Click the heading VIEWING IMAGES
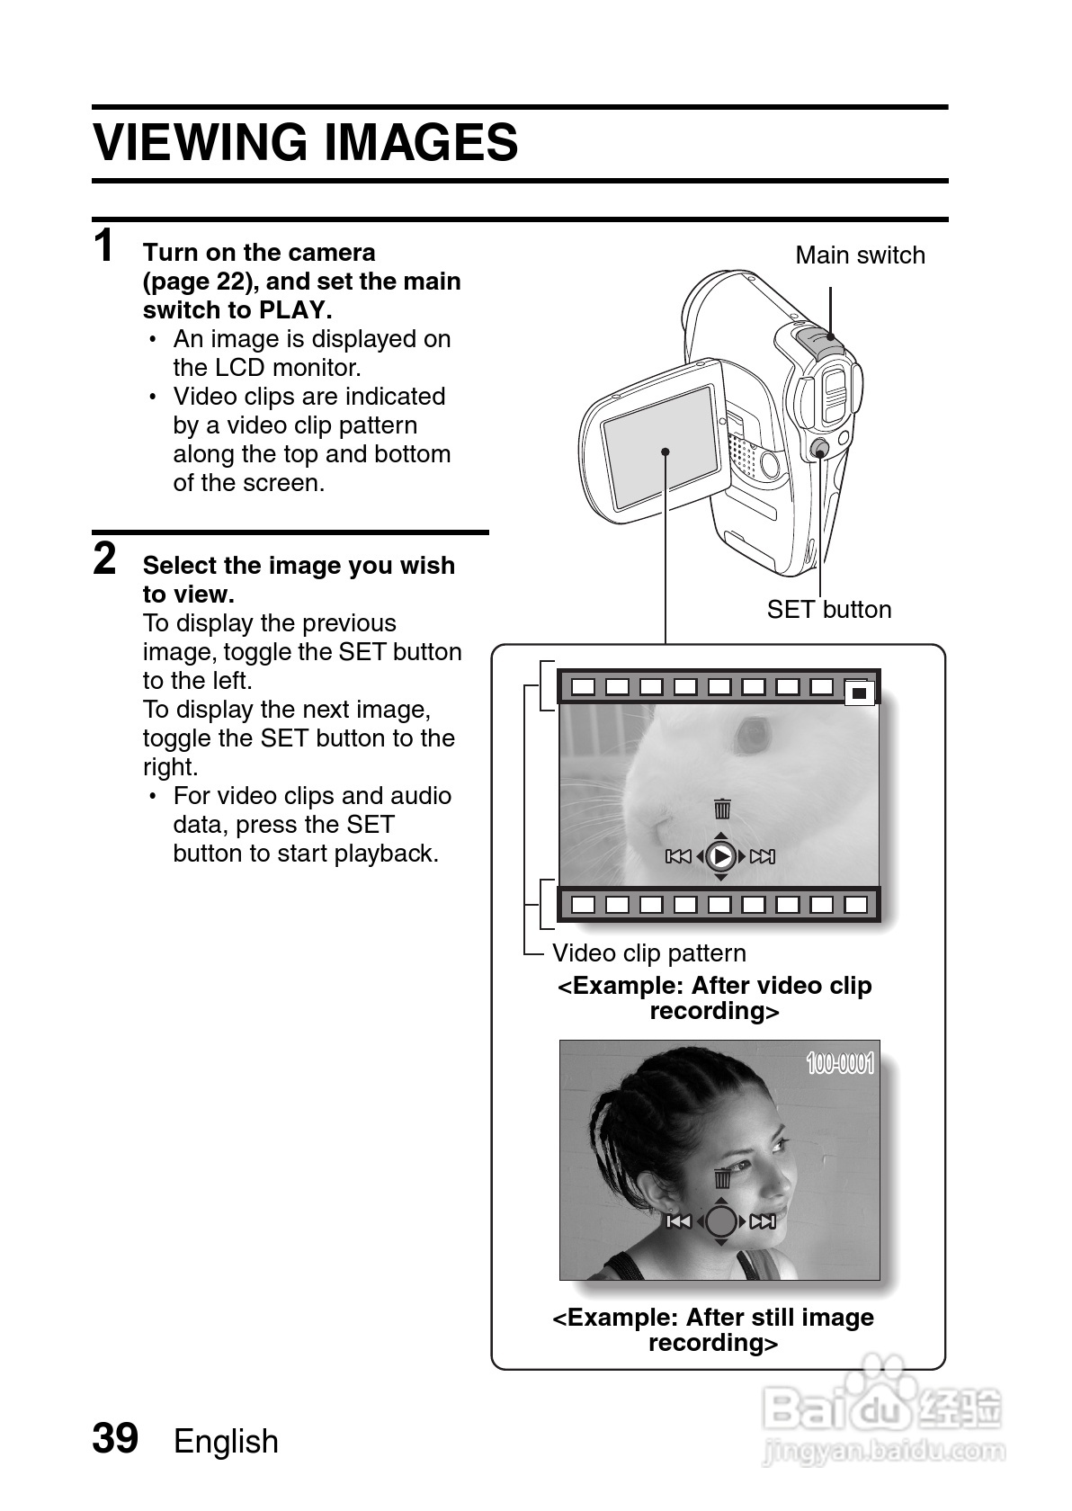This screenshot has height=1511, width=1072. click(306, 143)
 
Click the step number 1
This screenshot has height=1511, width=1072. click(105, 246)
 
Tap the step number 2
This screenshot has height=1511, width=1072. click(105, 559)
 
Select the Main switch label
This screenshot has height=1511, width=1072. click(860, 255)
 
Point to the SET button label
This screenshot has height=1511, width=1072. click(828, 610)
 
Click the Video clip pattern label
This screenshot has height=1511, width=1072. click(648, 953)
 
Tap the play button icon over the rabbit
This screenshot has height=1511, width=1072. click(720, 856)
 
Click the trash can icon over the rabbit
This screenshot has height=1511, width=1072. click(722, 809)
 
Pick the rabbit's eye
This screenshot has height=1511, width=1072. click(752, 735)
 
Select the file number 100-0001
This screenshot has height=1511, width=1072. click(840, 1064)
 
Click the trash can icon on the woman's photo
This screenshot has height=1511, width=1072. click(722, 1178)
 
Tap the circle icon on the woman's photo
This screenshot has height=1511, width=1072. click(720, 1221)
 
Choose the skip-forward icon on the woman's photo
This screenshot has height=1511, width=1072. click(763, 1221)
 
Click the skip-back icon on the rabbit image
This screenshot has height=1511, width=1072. click(678, 856)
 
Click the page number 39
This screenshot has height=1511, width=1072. click(115, 1438)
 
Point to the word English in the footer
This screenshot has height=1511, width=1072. click(226, 1441)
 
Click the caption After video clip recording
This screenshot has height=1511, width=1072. click(715, 998)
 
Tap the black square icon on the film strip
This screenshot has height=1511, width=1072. click(860, 693)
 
